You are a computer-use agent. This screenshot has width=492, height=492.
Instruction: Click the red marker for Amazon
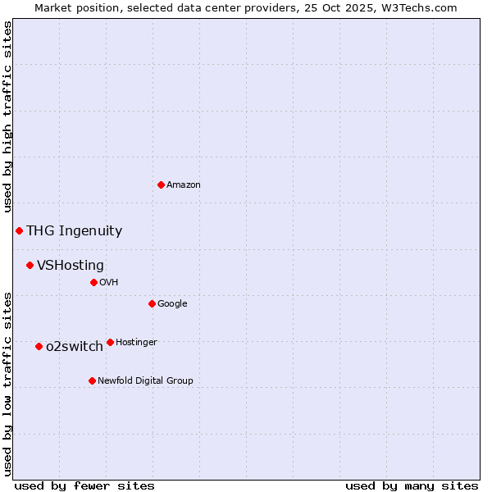(161, 184)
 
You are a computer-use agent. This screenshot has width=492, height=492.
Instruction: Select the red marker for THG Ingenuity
(19, 230)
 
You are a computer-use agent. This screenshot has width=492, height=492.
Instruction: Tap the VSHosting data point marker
(30, 265)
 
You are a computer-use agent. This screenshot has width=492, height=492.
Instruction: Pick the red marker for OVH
(93, 282)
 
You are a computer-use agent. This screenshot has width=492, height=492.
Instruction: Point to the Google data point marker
(152, 303)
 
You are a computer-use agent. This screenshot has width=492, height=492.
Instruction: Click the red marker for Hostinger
(110, 342)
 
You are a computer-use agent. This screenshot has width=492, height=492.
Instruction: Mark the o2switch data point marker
(39, 346)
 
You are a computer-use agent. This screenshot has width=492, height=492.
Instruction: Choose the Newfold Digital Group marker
(92, 380)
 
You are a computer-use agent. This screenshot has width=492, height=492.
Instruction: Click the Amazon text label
(184, 185)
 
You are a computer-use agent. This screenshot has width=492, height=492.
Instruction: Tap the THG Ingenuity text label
(74, 231)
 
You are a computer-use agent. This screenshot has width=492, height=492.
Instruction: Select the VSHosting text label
(71, 266)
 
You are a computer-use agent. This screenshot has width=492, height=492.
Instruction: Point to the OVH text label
(109, 283)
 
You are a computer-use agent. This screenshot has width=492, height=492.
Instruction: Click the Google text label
(172, 304)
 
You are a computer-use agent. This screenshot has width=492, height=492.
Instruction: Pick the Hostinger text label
(136, 343)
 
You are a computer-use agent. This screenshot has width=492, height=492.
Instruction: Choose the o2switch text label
(75, 347)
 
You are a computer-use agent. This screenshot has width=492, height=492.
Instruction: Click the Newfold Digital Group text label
(145, 381)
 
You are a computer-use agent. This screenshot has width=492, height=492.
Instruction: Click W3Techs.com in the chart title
(417, 7)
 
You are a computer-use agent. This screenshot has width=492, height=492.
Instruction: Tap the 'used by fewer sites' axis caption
(84, 485)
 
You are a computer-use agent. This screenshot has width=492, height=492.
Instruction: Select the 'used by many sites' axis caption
(412, 485)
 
